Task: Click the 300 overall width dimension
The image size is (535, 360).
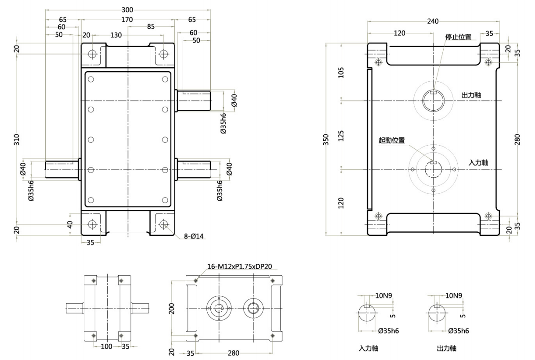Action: (x=127, y=10)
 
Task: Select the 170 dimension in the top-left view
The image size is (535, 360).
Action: (x=127, y=20)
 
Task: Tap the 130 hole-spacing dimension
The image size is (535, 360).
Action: (x=116, y=35)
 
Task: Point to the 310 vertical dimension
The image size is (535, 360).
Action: (x=17, y=140)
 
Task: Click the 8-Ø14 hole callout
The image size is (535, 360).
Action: (x=194, y=236)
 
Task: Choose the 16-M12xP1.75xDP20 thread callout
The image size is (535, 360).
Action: (x=239, y=266)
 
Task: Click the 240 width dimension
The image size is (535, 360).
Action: (x=433, y=22)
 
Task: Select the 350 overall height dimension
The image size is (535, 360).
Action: (x=326, y=140)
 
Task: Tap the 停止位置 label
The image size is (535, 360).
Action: (x=458, y=37)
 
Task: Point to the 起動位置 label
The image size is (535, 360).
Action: (x=391, y=140)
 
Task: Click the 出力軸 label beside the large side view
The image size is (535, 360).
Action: (x=471, y=95)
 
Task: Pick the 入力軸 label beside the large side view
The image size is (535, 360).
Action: (x=478, y=163)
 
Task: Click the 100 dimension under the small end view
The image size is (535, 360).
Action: (x=107, y=346)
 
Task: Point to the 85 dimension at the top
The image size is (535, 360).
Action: (x=151, y=26)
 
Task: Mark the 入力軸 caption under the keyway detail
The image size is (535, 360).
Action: (x=368, y=349)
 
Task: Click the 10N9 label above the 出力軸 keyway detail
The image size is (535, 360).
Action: (x=454, y=295)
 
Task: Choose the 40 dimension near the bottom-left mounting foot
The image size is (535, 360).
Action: (x=69, y=224)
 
